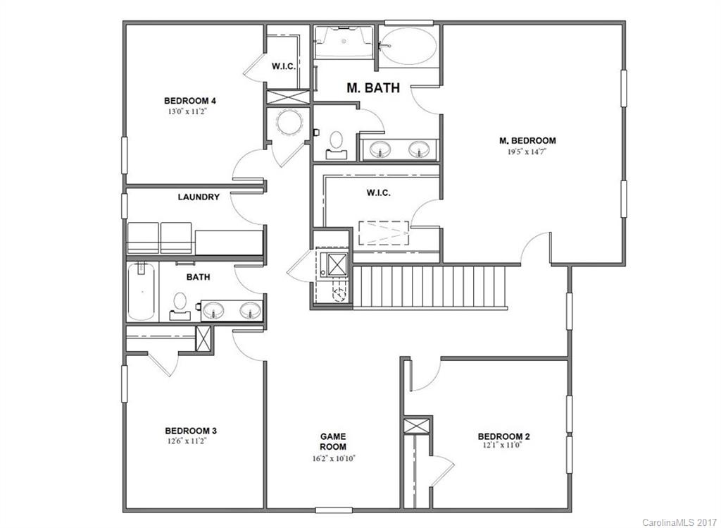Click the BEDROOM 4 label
tap(186, 100)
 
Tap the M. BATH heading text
tap(373, 88)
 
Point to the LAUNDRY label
tap(198, 197)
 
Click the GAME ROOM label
tap(333, 442)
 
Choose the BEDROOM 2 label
tap(503, 436)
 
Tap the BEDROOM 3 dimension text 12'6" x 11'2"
tap(186, 441)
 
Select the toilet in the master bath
tap(337, 142)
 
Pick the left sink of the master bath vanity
tap(381, 149)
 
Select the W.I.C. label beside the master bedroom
tap(378, 192)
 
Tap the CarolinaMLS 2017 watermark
tap(679, 522)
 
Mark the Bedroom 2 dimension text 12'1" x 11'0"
tap(503, 447)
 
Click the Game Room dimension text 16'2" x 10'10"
tap(333, 458)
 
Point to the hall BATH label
tap(198, 277)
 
